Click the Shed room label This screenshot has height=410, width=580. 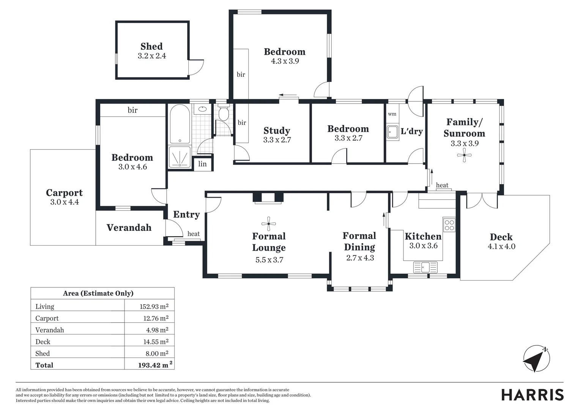pos(151,46)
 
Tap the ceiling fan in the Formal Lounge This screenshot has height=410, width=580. pos(269,224)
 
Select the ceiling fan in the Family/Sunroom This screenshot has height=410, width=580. pos(464,155)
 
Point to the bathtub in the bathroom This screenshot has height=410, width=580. pos(180,124)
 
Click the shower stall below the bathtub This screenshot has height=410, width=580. pos(179,157)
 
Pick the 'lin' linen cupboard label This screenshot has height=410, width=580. pos(202,164)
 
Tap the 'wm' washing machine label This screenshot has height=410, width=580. pos(392,114)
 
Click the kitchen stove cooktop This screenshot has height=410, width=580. pos(449,225)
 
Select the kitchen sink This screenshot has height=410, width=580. pos(425,267)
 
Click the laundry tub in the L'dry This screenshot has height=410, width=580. pos(392,132)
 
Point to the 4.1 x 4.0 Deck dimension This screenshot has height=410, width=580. pos(501,246)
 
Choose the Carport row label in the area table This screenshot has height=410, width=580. pos(47,318)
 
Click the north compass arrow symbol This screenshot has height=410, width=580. pos(536,359)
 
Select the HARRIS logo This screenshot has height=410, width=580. pos(532,395)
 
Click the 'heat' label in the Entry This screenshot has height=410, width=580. pos(194,234)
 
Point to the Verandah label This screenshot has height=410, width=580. pos(129,227)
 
